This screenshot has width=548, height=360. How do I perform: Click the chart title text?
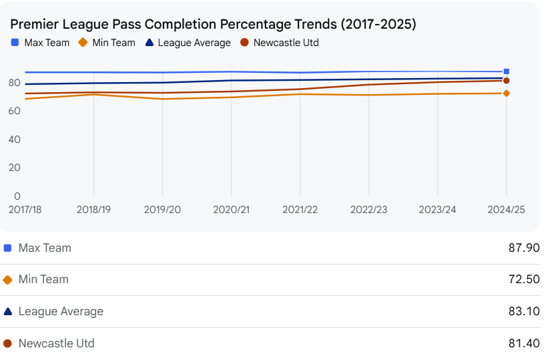click(x=213, y=24)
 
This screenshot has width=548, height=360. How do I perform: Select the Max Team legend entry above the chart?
click(x=41, y=43)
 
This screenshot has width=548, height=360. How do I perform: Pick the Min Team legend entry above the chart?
click(x=107, y=43)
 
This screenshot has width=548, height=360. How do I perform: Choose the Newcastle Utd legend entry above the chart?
click(x=280, y=43)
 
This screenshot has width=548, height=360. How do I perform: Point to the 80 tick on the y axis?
click(x=14, y=83)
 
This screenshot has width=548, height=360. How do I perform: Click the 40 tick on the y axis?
click(x=14, y=140)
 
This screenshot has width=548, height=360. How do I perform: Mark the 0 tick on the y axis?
click(x=17, y=196)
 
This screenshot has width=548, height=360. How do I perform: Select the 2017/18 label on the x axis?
click(x=25, y=209)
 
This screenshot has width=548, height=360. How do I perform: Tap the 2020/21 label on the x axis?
click(x=231, y=209)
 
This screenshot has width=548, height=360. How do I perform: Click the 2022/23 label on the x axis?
click(x=368, y=209)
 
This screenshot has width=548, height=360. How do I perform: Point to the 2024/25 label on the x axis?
click(x=506, y=209)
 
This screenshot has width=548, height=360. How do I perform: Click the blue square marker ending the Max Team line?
click(x=507, y=71)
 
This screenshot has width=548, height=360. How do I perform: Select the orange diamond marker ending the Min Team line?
click(x=507, y=94)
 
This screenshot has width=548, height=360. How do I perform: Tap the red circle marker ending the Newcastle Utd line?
click(x=507, y=81)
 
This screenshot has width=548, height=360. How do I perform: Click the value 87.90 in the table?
click(x=524, y=248)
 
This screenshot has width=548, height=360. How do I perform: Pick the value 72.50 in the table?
click(x=524, y=279)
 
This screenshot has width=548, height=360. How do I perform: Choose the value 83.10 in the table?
click(x=524, y=311)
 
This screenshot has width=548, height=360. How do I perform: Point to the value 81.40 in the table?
click(x=524, y=343)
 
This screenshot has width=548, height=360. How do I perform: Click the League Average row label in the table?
click(x=61, y=311)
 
